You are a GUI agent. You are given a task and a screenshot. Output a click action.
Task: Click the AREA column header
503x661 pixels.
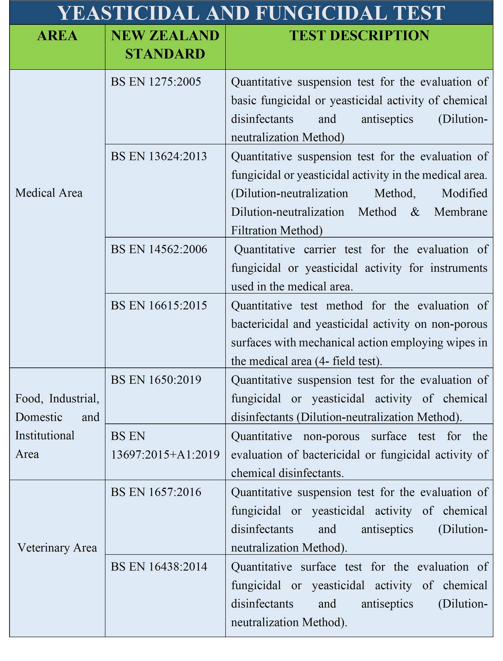57,36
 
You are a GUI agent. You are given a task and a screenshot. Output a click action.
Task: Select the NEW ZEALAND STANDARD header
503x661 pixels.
165,44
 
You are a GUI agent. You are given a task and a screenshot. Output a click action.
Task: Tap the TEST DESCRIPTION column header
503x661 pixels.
359,36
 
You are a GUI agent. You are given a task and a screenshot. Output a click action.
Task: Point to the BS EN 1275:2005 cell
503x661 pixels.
156,82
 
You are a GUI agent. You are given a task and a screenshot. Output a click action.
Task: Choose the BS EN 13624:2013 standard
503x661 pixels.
159,157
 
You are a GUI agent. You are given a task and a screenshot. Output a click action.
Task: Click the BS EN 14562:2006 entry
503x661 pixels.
159,250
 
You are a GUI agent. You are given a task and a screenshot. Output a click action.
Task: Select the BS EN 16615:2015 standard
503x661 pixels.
159,305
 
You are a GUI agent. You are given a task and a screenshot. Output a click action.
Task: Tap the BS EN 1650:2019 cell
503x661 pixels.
156,380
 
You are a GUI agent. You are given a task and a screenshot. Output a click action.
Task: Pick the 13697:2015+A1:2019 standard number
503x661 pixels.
165,454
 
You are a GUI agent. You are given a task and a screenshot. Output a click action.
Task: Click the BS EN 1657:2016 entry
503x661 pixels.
156,492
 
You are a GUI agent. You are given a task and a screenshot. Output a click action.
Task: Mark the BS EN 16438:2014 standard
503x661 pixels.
159,566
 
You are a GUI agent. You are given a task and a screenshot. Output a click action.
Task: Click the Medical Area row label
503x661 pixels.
49,193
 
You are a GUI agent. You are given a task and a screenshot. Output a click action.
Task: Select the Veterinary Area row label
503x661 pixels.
57,548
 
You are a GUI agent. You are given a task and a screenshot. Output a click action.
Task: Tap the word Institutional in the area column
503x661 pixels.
45,435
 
